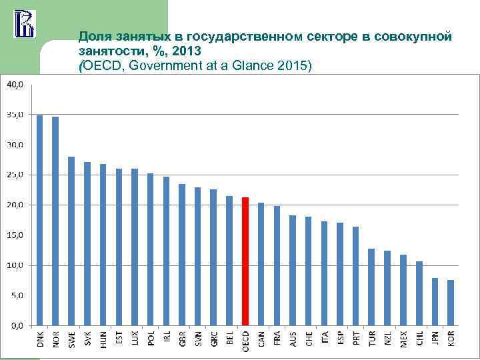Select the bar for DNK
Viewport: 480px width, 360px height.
(x=39, y=220)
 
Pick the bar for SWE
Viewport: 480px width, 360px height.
(x=71, y=241)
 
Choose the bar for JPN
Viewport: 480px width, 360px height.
(x=435, y=301)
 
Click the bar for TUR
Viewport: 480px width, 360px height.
(x=371, y=287)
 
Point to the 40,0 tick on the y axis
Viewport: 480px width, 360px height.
(x=15, y=85)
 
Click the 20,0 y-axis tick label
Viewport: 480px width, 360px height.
(x=15, y=205)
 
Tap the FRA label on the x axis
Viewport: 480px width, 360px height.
(x=277, y=339)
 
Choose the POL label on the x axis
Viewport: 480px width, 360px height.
(x=151, y=339)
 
